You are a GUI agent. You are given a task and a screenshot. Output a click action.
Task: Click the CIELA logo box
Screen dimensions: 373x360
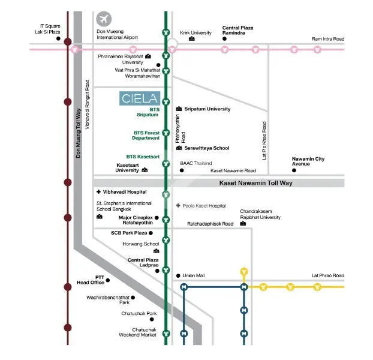[x=140, y=98]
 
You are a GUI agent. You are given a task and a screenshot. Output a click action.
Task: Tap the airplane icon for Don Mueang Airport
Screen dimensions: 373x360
[x=104, y=19]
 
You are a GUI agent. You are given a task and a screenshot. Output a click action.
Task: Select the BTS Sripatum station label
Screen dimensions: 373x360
[x=148, y=112]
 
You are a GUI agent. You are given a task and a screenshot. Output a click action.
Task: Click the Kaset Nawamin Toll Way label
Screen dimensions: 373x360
[x=255, y=183]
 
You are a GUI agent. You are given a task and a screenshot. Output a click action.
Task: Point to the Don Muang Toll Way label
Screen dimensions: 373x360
[x=79, y=133]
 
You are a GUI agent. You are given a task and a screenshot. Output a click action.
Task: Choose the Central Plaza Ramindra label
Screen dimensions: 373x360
[x=237, y=30]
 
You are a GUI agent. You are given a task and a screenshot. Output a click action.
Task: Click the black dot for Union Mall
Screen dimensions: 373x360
[x=178, y=276]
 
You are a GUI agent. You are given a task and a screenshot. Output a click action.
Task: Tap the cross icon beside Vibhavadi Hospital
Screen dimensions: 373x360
[x=98, y=192]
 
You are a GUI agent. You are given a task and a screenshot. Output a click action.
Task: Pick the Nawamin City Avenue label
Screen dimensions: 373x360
[x=308, y=161]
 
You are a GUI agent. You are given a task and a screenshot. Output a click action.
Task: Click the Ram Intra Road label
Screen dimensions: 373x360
[x=328, y=39]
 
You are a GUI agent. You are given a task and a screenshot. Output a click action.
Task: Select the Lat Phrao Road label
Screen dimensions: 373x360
[x=327, y=275]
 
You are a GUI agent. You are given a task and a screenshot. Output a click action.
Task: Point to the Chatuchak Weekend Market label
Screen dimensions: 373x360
[x=137, y=332]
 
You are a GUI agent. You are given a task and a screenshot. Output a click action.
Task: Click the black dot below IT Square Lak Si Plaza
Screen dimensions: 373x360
[x=58, y=38]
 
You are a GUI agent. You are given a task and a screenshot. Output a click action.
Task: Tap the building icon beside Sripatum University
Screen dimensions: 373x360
[x=179, y=109]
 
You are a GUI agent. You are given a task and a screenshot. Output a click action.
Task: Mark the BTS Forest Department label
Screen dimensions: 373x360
[x=146, y=136]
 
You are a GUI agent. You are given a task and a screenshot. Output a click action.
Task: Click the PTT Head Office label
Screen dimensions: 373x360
[x=91, y=280]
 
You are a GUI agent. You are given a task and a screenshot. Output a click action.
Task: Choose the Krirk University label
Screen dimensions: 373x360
[x=195, y=33]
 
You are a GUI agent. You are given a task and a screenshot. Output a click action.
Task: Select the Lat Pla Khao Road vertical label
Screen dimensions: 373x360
[x=264, y=140]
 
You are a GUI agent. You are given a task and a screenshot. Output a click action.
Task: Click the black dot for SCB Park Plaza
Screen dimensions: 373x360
[x=151, y=233]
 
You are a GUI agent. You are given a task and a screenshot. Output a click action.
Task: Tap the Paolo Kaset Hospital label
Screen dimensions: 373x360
[x=204, y=206]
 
